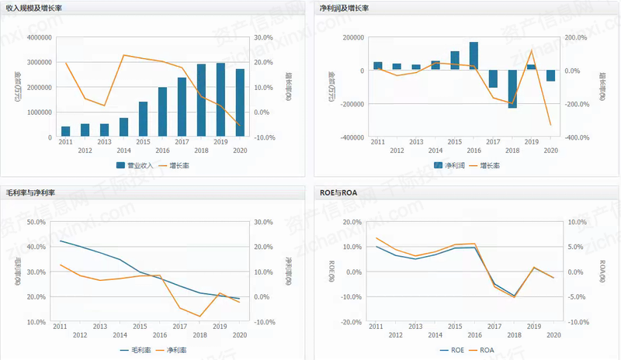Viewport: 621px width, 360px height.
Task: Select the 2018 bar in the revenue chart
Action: (x=202, y=100)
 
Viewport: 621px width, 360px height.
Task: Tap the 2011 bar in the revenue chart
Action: (x=66, y=131)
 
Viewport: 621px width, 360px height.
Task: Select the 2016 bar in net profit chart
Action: (x=474, y=56)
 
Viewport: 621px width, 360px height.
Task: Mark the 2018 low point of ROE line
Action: (x=512, y=296)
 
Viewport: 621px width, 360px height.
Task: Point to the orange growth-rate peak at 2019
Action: (x=532, y=50)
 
